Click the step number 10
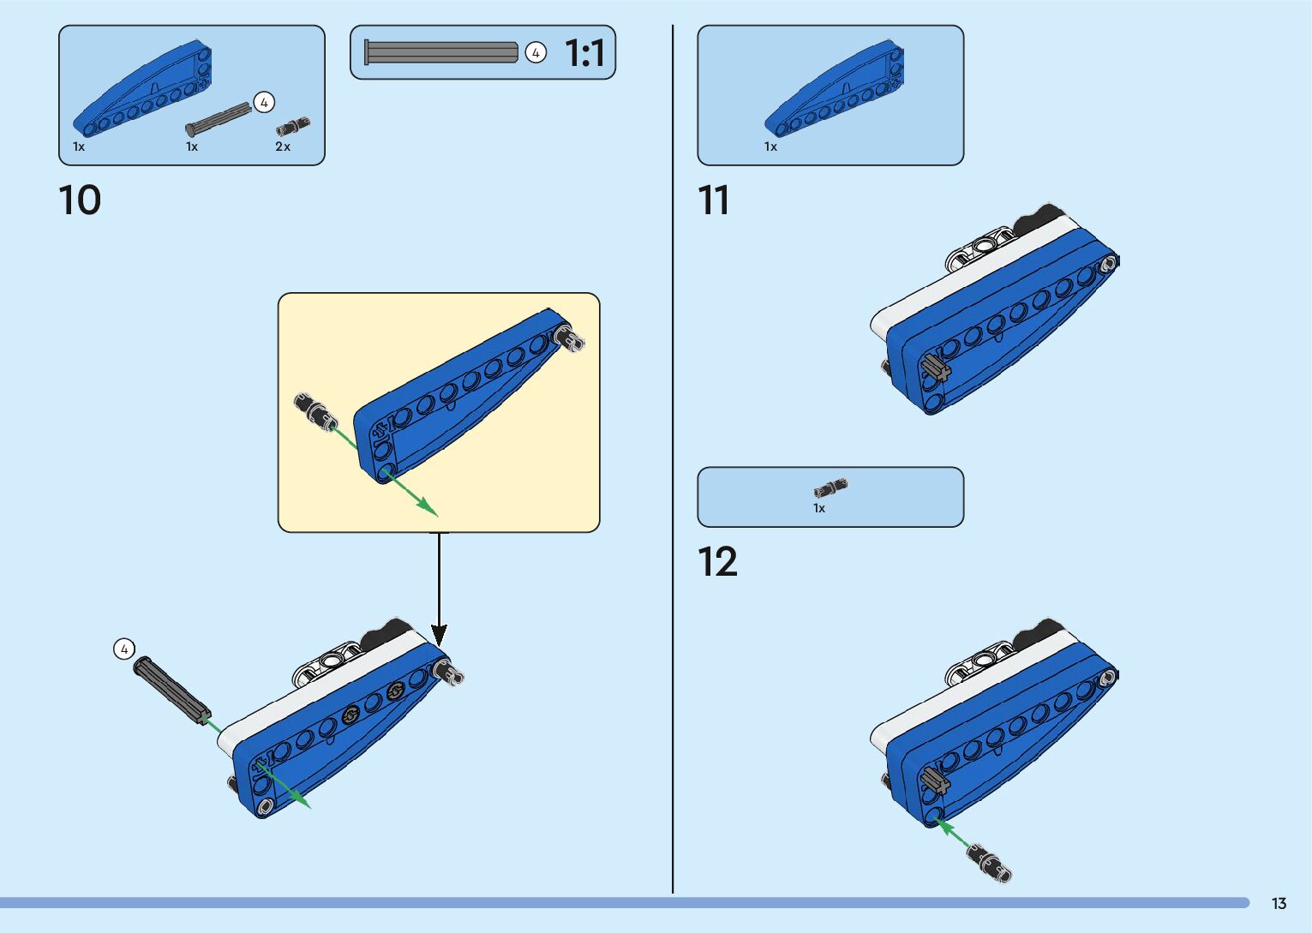click(80, 200)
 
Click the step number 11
click(713, 200)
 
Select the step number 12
click(717, 562)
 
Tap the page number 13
click(1279, 903)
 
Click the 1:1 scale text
click(585, 53)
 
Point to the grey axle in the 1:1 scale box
click(441, 52)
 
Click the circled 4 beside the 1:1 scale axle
click(536, 53)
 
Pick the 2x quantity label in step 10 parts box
click(283, 147)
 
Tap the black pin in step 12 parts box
click(830, 488)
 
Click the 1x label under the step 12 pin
click(819, 508)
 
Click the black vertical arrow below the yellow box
click(439, 591)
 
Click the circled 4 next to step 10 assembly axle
click(124, 649)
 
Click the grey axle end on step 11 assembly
click(936, 368)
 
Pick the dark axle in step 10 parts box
click(219, 118)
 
